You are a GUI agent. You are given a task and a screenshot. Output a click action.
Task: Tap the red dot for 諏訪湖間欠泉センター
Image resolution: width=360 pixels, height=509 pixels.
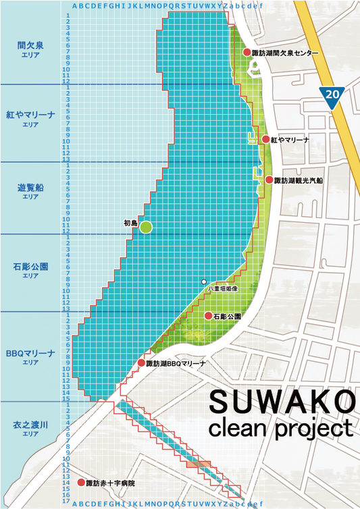247,52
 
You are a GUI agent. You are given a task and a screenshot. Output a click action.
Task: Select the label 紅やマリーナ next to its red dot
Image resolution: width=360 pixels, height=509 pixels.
290,140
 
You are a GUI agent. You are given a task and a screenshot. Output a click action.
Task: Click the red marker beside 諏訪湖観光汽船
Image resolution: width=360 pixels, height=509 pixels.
269,180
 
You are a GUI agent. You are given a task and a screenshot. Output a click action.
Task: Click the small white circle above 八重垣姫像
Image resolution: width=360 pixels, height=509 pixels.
203,281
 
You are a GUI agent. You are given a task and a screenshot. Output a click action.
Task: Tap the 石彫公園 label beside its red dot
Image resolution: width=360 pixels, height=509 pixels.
227,316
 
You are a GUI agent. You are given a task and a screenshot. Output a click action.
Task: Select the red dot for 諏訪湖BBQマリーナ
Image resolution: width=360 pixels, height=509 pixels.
141,363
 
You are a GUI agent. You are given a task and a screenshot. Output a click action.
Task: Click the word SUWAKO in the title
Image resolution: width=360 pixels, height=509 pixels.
281,402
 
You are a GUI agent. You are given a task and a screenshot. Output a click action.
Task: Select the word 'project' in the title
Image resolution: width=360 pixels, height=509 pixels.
316,429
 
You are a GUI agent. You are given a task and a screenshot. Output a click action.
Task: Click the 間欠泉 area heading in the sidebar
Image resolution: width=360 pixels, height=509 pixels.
30,45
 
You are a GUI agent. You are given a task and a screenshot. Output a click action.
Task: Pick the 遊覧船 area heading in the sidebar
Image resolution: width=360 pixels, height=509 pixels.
30,187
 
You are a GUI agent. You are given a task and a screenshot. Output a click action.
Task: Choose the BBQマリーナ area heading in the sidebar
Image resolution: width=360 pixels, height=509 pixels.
30,353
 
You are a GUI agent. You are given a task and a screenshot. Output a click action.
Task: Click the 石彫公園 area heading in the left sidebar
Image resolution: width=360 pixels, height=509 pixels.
30,267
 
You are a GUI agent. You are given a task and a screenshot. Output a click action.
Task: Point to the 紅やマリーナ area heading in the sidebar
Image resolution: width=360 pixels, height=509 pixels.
30,115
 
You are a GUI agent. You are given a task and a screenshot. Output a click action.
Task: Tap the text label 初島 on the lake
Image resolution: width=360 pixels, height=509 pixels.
130,222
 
